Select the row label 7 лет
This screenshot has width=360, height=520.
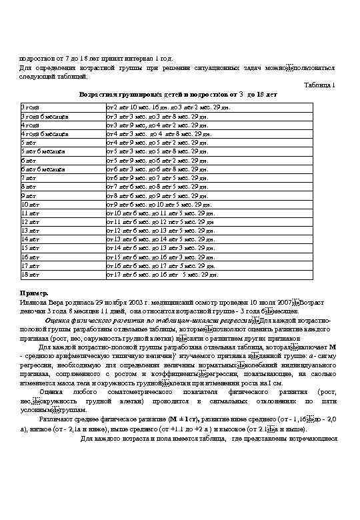(x=29, y=179)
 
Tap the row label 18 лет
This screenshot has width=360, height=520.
(x=31, y=274)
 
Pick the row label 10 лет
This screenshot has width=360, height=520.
(x=31, y=205)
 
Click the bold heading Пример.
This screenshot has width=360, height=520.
(x=33, y=293)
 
